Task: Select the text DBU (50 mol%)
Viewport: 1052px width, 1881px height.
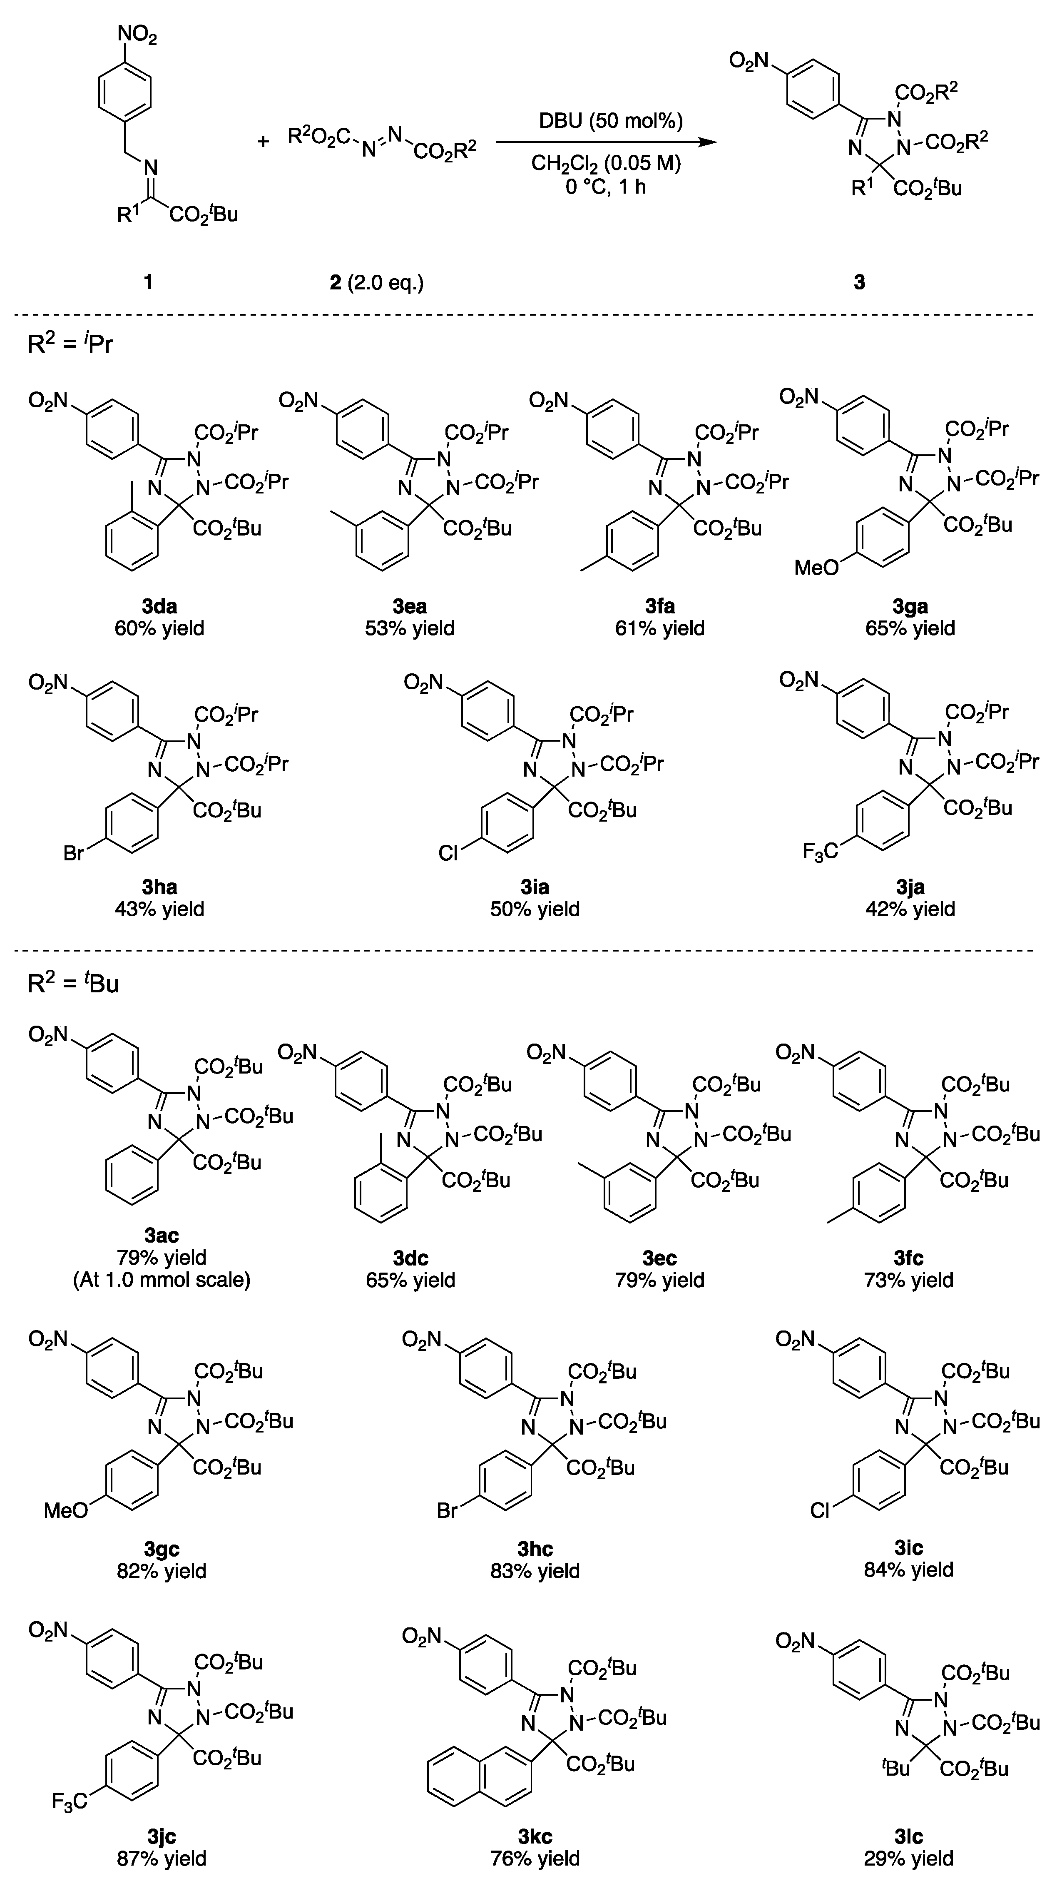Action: pos(611,120)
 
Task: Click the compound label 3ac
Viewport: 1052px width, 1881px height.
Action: pos(162,1236)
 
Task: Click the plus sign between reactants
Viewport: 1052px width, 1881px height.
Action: pos(264,140)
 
